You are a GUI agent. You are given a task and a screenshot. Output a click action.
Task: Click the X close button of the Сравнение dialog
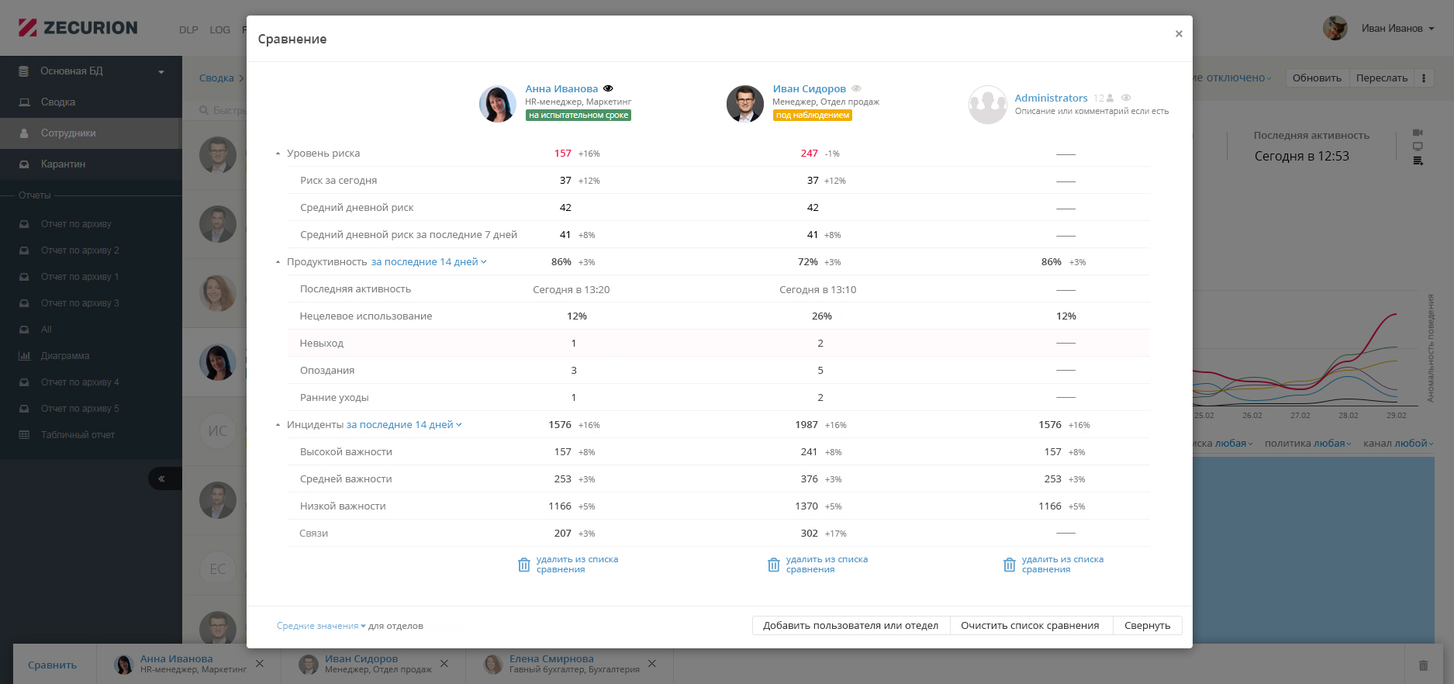pos(1179,34)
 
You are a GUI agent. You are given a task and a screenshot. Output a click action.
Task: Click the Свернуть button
pos(1147,626)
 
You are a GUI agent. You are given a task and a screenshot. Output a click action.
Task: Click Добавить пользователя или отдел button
pos(850,626)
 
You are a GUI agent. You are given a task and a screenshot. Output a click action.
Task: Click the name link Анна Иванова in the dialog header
pos(561,89)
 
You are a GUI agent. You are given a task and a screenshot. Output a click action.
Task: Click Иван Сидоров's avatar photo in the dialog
pos(744,104)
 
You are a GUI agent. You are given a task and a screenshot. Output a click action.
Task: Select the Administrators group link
pos(1051,98)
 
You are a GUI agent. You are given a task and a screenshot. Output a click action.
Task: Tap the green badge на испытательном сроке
pos(578,116)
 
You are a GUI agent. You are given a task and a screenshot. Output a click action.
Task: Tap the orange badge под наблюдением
pos(812,116)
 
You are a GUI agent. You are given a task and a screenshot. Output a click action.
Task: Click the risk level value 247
pos(809,154)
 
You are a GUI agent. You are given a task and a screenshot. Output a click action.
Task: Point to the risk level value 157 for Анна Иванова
pos(562,154)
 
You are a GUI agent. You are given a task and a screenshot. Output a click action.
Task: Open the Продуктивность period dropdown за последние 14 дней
pos(428,262)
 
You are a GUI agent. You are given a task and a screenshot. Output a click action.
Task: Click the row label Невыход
pos(322,344)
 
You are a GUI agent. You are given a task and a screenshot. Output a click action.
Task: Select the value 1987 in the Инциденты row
pos(806,425)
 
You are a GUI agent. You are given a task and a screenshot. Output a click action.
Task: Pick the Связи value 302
pos(809,534)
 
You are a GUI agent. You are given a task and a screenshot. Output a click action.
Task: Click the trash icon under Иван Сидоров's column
pos(773,565)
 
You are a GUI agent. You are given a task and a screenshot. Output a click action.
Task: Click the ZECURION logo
pos(78,28)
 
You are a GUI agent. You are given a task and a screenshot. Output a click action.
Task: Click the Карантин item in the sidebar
pos(63,164)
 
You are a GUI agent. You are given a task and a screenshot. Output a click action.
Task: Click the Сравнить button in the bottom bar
pos(52,665)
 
